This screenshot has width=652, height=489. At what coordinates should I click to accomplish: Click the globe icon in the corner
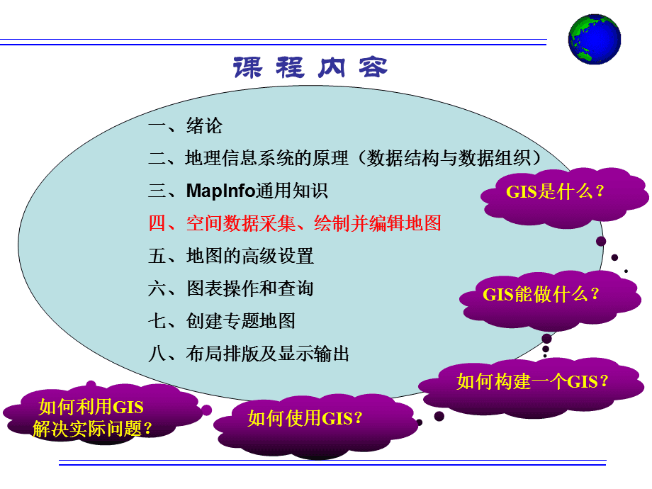(x=594, y=38)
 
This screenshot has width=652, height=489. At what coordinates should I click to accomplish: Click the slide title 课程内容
(x=310, y=68)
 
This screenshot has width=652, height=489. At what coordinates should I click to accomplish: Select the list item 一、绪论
(x=186, y=126)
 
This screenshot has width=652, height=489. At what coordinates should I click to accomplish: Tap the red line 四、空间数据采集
(x=295, y=223)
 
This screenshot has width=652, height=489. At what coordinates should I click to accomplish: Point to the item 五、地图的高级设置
(x=231, y=256)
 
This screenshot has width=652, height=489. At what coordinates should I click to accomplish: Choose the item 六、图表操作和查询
(x=231, y=288)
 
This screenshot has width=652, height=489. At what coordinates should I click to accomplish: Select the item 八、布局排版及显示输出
(x=249, y=354)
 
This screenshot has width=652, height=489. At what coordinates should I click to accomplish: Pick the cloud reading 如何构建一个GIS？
(x=533, y=381)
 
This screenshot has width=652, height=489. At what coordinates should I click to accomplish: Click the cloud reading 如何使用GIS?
(x=305, y=418)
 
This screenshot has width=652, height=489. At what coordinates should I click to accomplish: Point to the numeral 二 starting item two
(x=157, y=159)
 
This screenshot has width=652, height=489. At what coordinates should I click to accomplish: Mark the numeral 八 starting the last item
(x=157, y=354)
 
